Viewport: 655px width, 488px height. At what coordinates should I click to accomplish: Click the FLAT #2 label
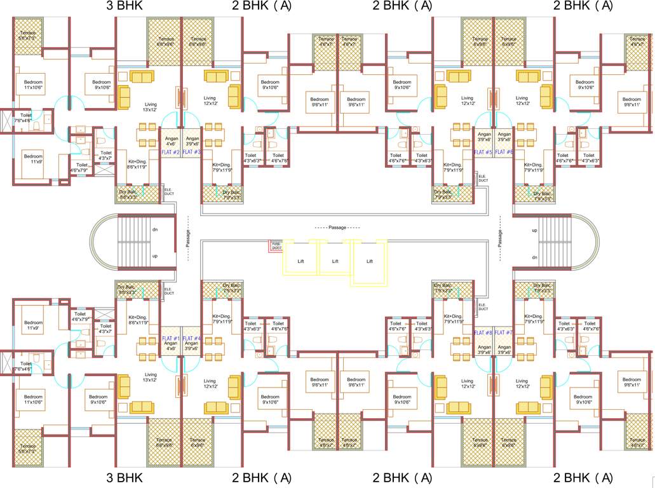click(171, 152)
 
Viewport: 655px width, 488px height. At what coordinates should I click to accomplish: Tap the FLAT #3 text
click(192, 152)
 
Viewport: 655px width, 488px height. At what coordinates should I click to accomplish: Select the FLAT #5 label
click(483, 152)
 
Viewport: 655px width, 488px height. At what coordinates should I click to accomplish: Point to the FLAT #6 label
click(504, 152)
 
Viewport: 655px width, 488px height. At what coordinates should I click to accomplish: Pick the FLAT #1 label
click(171, 339)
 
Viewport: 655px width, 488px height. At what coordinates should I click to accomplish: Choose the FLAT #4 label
click(192, 339)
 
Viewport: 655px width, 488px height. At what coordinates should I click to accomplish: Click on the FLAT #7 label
click(504, 333)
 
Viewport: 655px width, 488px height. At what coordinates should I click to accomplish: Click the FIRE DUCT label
click(276, 245)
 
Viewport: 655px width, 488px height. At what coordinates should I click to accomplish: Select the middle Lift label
click(335, 261)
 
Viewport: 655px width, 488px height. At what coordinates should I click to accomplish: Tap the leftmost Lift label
click(300, 261)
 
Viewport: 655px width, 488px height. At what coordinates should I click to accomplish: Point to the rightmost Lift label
click(369, 261)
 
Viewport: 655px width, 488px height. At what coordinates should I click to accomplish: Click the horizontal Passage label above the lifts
click(337, 227)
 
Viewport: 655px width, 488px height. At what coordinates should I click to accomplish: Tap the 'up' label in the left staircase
click(154, 256)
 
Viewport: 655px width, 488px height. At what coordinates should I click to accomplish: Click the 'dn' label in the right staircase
click(536, 257)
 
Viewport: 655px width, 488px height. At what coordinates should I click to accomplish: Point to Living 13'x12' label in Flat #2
click(151, 107)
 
